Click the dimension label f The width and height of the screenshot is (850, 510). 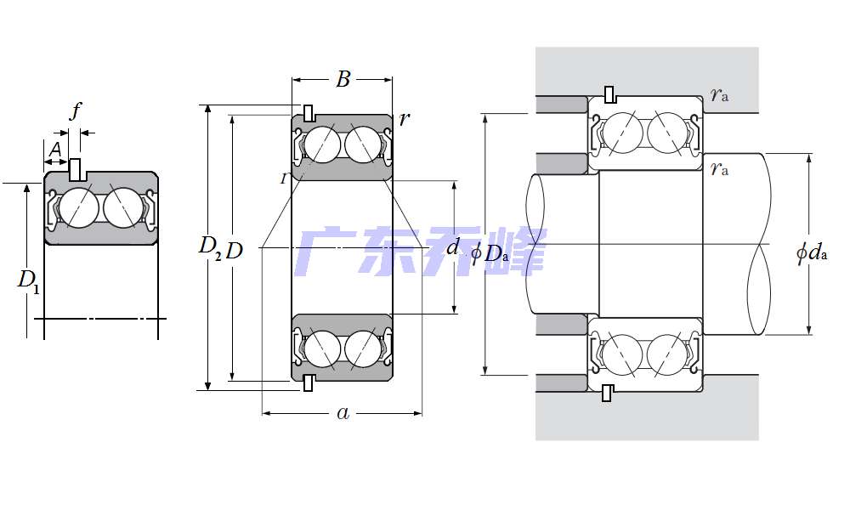click(x=76, y=110)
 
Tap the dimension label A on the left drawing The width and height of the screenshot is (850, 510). click(x=54, y=150)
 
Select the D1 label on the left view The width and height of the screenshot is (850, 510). click(x=28, y=280)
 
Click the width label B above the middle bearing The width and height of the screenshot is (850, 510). click(x=343, y=80)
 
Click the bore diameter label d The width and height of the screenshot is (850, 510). click(x=453, y=247)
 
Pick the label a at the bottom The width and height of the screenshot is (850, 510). click(x=343, y=413)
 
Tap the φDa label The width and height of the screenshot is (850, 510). click(x=490, y=252)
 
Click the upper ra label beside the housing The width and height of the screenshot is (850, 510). click(x=720, y=94)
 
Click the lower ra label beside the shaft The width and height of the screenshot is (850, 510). click(x=719, y=168)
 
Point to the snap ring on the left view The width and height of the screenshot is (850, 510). click(x=76, y=167)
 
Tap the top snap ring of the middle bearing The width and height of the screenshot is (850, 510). click(x=309, y=112)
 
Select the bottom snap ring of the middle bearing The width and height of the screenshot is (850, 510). click(x=309, y=383)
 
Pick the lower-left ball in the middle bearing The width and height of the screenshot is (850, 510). click(x=322, y=348)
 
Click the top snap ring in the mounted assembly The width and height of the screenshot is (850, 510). click(x=609, y=93)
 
